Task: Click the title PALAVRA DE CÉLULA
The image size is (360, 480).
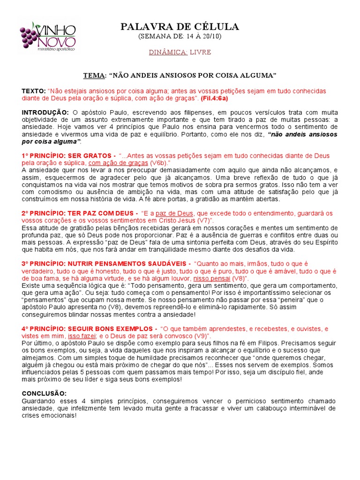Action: pos(180,27)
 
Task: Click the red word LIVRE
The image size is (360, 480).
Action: pos(200,52)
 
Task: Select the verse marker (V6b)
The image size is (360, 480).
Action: pos(159,163)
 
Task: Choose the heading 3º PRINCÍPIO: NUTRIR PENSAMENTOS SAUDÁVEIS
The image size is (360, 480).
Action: pos(103,263)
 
